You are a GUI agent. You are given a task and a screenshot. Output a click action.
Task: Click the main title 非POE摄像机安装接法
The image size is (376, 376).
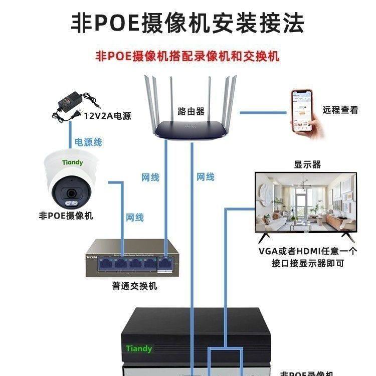188,22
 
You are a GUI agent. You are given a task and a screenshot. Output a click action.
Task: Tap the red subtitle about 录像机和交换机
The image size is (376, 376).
187,55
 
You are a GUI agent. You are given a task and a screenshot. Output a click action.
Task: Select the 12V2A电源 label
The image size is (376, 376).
107,116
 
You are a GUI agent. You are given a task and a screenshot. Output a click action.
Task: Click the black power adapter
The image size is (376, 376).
75,107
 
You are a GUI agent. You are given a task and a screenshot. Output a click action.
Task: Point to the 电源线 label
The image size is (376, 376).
88,142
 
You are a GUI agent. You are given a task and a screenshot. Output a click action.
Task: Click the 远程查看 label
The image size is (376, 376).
340,110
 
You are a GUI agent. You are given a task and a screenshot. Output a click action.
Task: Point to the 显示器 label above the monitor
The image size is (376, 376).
307,164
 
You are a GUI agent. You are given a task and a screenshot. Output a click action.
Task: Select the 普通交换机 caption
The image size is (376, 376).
134,286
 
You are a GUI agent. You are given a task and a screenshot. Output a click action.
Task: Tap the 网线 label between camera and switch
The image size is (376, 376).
135,217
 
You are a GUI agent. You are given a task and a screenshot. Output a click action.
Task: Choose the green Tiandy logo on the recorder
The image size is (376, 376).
139,348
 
